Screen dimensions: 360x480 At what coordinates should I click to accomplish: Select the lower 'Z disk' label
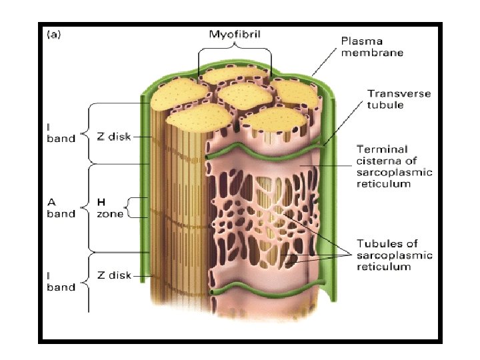click(115, 275)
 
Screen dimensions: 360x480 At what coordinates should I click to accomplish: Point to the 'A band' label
click(60, 207)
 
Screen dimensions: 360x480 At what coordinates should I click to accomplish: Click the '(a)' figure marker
click(53, 35)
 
